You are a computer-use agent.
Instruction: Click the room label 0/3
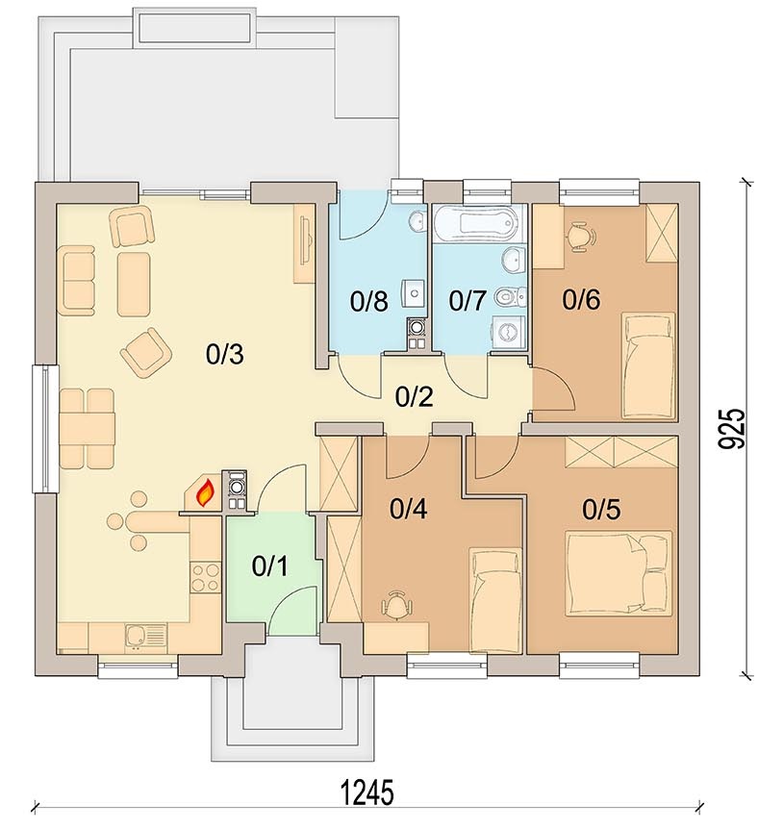[x=224, y=354]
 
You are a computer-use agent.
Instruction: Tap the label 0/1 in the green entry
[x=269, y=566]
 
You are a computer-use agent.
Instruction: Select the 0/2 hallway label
[x=415, y=396]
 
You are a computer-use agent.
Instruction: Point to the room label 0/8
[x=368, y=301]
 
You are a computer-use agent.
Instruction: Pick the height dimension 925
[x=733, y=429]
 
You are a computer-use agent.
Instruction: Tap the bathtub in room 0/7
[x=480, y=223]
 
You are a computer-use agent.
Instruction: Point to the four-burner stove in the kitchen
[x=205, y=577]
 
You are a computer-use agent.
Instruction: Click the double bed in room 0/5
[x=619, y=573]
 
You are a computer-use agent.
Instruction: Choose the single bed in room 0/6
[x=649, y=364]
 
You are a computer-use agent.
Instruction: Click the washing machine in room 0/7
[x=508, y=333]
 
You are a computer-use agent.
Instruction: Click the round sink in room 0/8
[x=417, y=220]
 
